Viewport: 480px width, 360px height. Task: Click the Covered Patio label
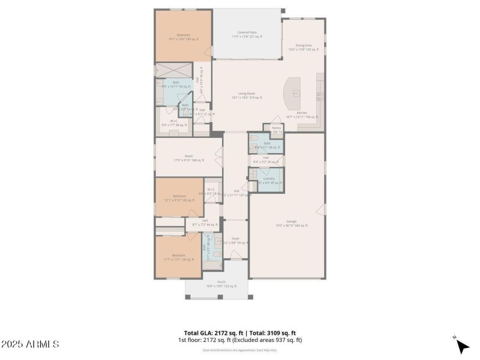point(248,34)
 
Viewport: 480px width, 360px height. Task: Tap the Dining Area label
point(303,47)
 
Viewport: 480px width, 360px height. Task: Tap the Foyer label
point(235,240)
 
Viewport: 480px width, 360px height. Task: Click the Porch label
point(221,283)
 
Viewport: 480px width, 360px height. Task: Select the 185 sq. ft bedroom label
point(184,37)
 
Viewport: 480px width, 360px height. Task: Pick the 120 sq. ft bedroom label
point(179,198)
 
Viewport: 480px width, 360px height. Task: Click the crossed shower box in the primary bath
point(174,71)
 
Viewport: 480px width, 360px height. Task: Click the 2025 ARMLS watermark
point(30,344)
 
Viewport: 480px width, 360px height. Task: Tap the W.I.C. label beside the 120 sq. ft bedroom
point(211,191)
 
